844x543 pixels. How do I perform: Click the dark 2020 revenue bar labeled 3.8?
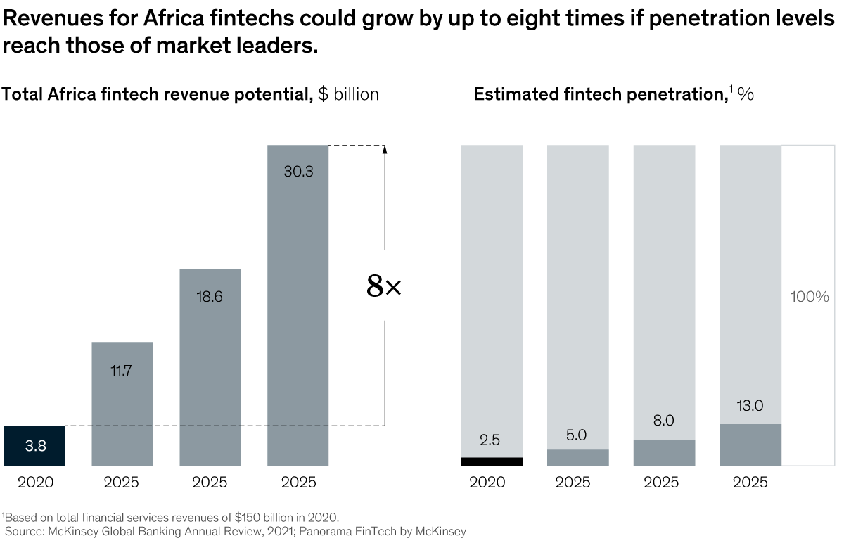click(x=34, y=445)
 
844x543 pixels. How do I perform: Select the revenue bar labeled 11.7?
click(x=122, y=404)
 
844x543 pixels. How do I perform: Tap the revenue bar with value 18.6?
click(x=210, y=366)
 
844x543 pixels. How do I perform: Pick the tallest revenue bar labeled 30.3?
click(x=298, y=305)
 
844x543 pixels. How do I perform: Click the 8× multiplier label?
click(x=384, y=286)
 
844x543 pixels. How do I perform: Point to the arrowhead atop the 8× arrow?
click(x=385, y=149)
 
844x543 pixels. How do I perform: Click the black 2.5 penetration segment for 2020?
click(x=492, y=461)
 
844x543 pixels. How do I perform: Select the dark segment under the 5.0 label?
click(x=577, y=457)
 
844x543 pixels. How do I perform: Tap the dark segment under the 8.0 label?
click(x=664, y=453)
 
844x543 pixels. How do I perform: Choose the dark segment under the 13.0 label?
click(x=750, y=445)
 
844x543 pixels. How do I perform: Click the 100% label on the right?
click(x=810, y=297)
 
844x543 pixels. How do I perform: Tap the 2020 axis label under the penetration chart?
click(x=487, y=483)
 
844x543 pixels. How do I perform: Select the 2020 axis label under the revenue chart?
click(x=35, y=483)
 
